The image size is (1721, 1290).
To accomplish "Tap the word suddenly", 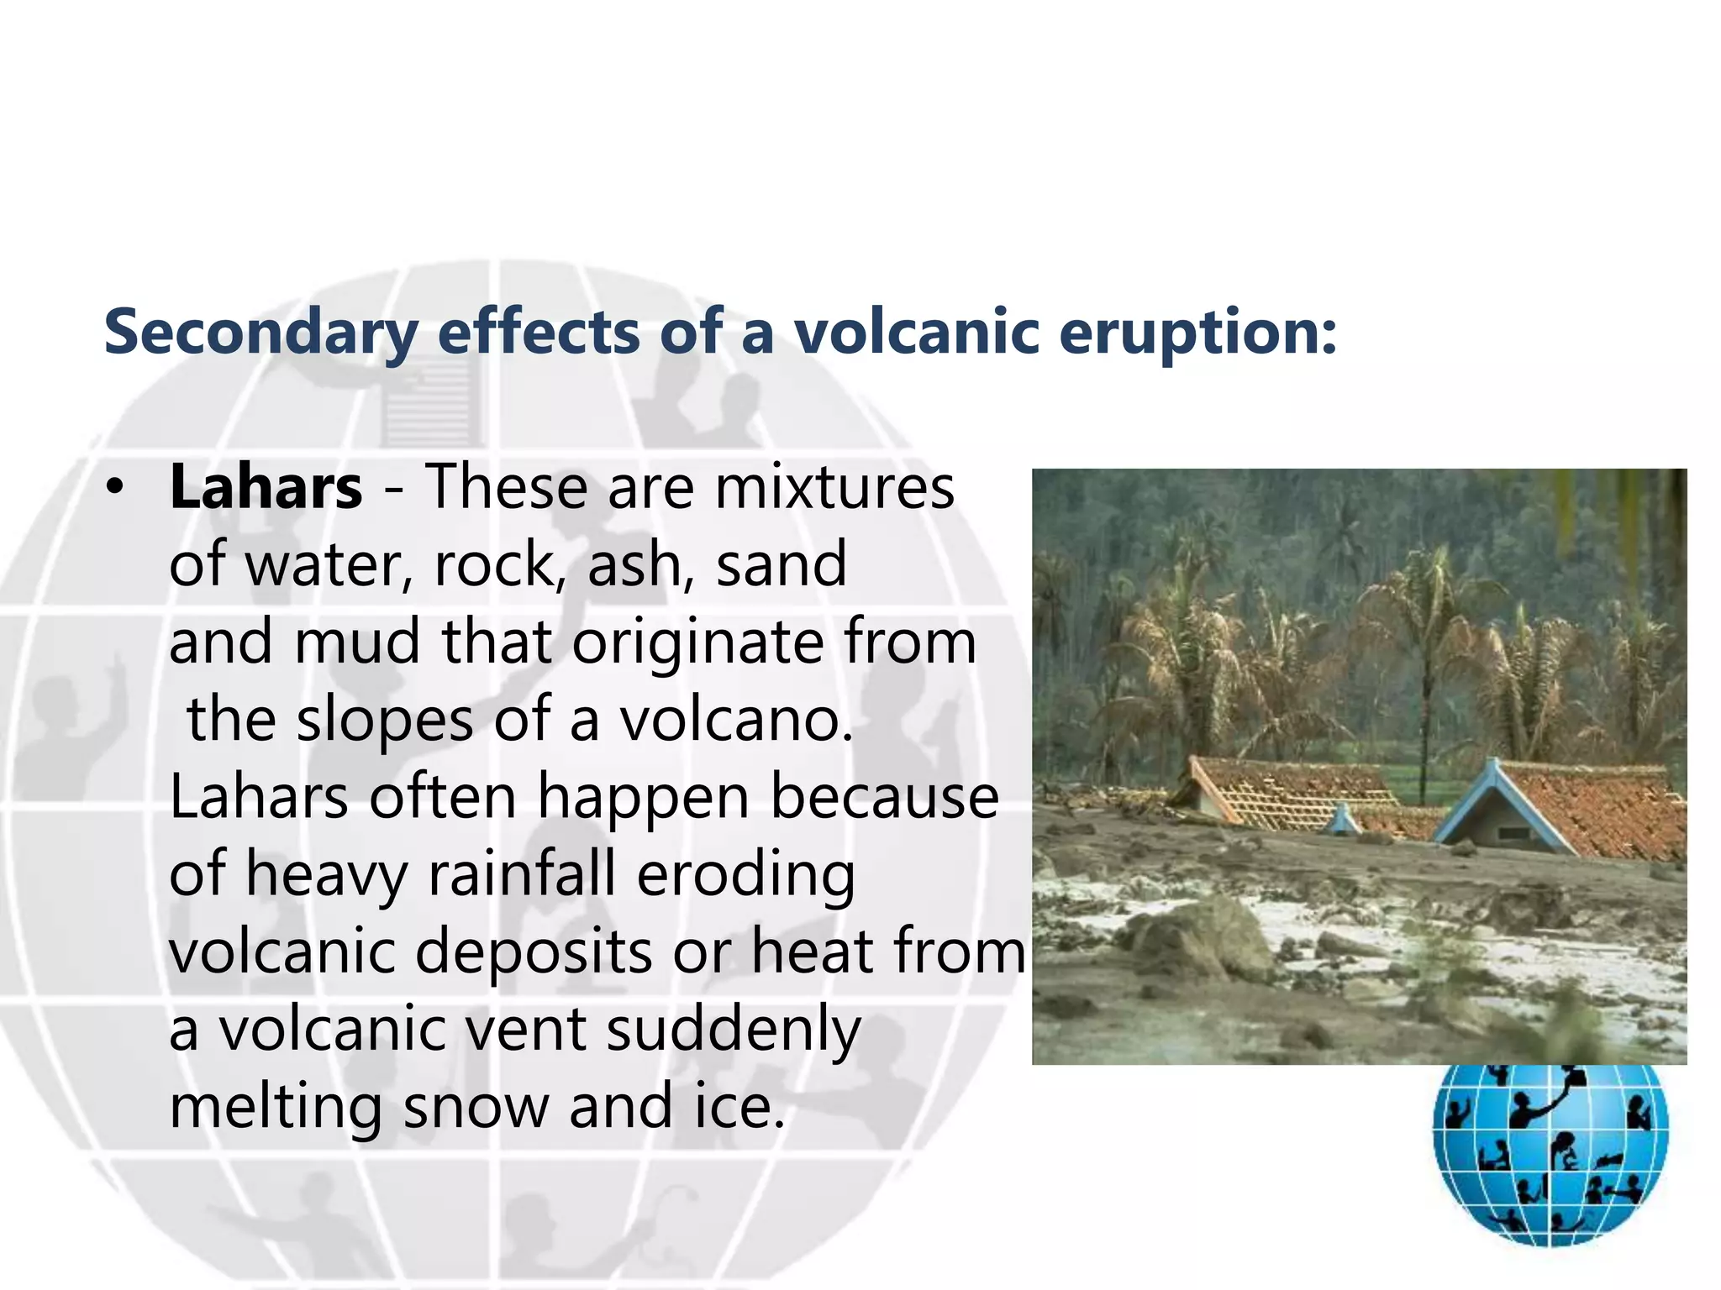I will [734, 1030].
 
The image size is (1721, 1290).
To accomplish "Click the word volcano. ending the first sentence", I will [736, 721].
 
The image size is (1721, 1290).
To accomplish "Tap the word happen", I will [643, 797].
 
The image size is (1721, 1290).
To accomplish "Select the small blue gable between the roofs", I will [1342, 819].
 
